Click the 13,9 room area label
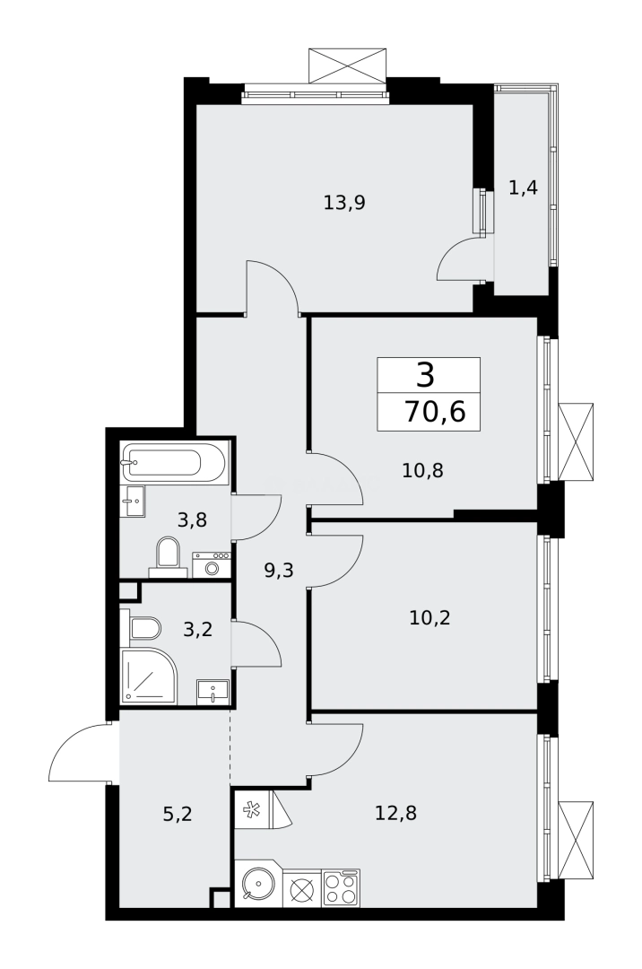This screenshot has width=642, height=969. point(344,203)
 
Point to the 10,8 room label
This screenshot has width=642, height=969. point(423,469)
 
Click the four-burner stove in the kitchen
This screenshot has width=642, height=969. point(341,887)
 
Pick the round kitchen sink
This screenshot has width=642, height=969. point(256,887)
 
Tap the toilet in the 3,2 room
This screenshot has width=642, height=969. point(143,627)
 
